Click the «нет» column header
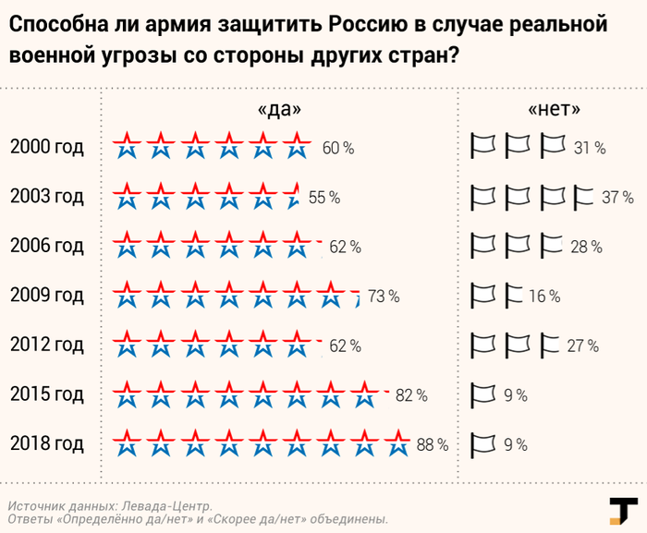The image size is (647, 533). point(555,109)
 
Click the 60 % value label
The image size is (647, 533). point(338,148)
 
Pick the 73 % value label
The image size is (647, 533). point(384,297)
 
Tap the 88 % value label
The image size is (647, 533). point(433,444)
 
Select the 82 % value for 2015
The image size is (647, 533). point(411,395)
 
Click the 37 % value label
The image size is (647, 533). point(616,198)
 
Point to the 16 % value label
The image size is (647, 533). point(544,297)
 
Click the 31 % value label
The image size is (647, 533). point(589,148)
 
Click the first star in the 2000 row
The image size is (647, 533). point(127,145)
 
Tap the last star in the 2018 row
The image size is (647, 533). point(398,442)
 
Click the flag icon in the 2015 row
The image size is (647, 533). point(484,394)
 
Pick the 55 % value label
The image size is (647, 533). point(324,198)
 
